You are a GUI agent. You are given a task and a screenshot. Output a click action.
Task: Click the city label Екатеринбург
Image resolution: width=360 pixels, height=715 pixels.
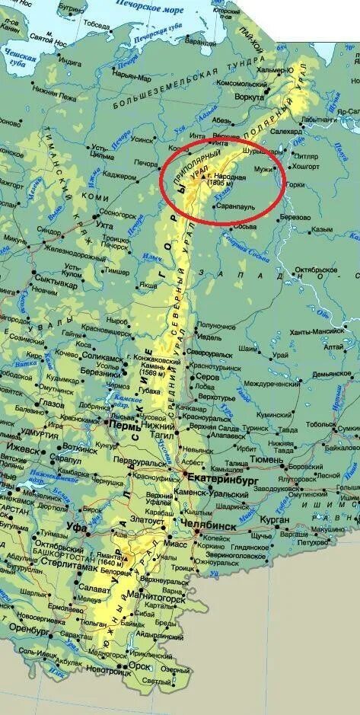(222, 478)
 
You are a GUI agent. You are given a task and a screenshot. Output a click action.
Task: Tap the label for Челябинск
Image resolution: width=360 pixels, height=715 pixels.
(209, 525)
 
